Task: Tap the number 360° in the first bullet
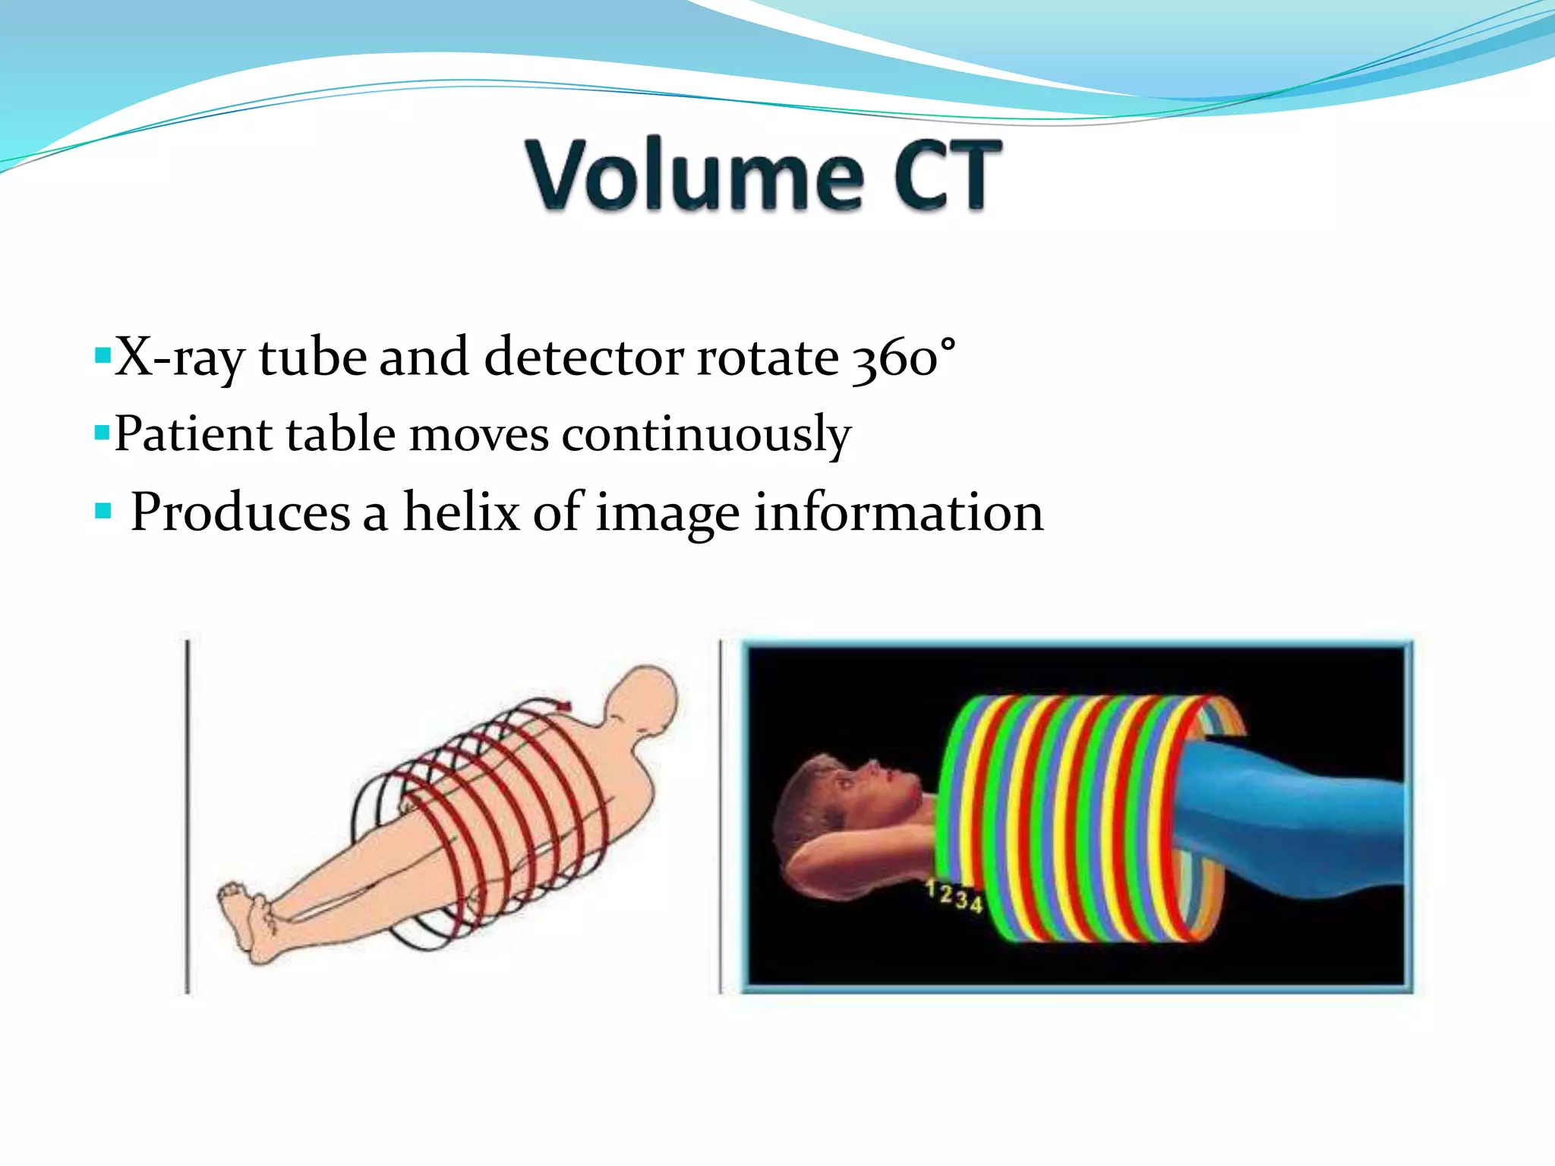[x=903, y=357]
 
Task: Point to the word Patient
[x=193, y=435]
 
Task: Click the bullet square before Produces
[x=103, y=511]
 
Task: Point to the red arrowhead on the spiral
[x=563, y=705]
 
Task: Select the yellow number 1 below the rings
[x=932, y=888]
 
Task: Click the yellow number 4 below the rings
[x=976, y=904]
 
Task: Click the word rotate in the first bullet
[x=767, y=357]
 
